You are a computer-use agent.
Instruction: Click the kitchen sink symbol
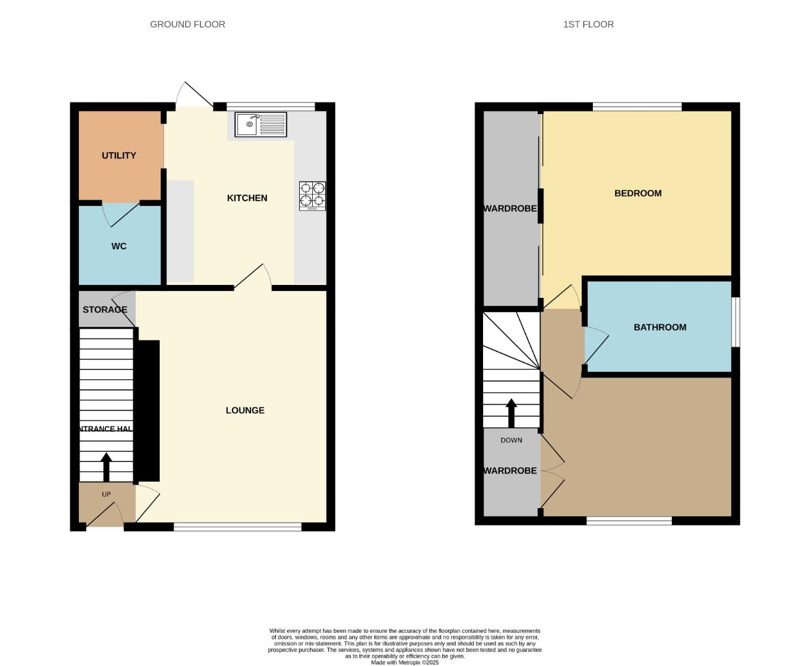tap(260, 125)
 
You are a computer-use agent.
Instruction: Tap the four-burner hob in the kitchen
tap(312, 195)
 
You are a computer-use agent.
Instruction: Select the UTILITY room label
tap(119, 155)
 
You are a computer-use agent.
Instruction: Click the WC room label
tap(119, 246)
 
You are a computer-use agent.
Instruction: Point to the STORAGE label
tap(105, 310)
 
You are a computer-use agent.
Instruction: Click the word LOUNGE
tap(245, 410)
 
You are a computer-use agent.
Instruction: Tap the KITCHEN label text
tap(247, 198)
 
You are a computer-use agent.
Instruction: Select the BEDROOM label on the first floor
tap(638, 193)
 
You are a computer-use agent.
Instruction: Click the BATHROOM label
tap(659, 327)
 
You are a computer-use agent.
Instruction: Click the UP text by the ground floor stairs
tap(106, 495)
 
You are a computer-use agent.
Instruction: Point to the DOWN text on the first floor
tap(511, 440)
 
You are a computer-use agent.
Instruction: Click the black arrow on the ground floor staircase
tap(106, 467)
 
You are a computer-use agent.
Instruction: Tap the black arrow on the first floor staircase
tap(511, 413)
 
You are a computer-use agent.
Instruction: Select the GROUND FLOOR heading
tap(188, 24)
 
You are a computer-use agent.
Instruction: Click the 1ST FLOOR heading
tap(588, 24)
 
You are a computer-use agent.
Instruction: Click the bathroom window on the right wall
tap(735, 323)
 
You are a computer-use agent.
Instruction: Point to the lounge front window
tap(238, 527)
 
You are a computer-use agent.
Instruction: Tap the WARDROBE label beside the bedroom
tap(510, 208)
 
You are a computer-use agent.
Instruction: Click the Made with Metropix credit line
tap(405, 662)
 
